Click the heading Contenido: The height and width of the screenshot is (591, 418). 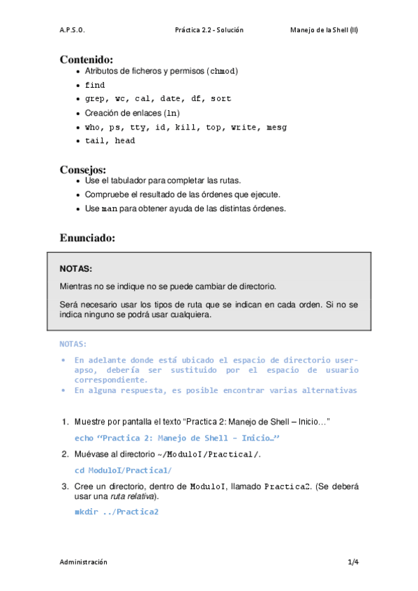pyautogui.click(x=87, y=59)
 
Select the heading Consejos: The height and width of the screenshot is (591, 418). pyautogui.click(x=83, y=169)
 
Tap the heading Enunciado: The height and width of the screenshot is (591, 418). pyautogui.click(x=87, y=238)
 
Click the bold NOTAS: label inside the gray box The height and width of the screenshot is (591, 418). pyautogui.click(x=75, y=268)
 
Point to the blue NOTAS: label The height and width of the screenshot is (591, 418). pyautogui.click(x=73, y=344)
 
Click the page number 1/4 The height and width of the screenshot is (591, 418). pyautogui.click(x=353, y=561)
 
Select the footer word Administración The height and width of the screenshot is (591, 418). pyautogui.click(x=84, y=561)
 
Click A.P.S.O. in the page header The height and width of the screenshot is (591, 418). pyautogui.click(x=72, y=31)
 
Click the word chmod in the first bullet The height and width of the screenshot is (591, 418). pyautogui.click(x=224, y=71)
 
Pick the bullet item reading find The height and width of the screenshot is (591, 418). pyautogui.click(x=95, y=85)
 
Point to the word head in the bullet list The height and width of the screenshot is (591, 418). pyautogui.click(x=125, y=141)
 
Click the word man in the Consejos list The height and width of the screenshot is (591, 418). pyautogui.click(x=110, y=208)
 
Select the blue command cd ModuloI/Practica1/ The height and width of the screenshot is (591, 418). pyautogui.click(x=123, y=470)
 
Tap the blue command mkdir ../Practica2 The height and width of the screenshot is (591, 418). pyautogui.click(x=117, y=512)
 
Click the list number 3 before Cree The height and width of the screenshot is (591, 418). pyautogui.click(x=64, y=486)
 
